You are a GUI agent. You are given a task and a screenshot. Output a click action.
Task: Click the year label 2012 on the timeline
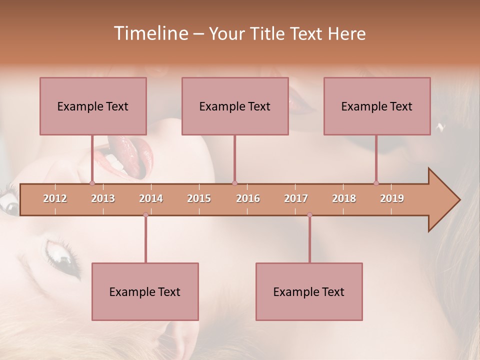[55, 198]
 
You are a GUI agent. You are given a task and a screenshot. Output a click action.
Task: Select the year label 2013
[103, 198]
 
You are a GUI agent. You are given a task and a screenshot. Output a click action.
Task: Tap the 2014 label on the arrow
[151, 198]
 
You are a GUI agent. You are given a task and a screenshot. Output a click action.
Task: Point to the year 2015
[199, 198]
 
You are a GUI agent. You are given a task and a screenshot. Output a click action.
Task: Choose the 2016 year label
[248, 198]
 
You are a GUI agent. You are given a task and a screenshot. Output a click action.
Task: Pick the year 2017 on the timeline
[296, 198]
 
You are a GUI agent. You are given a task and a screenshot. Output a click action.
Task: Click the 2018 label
[344, 198]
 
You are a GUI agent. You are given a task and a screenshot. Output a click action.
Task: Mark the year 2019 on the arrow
[392, 198]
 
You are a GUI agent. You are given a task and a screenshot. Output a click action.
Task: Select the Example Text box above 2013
[93, 106]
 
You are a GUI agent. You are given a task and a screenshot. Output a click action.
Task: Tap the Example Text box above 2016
[235, 106]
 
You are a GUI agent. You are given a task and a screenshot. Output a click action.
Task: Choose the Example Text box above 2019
[377, 106]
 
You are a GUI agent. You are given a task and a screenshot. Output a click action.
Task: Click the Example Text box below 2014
[145, 291]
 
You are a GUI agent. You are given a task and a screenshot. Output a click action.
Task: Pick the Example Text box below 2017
[309, 291]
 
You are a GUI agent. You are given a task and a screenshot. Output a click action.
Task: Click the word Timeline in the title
[150, 33]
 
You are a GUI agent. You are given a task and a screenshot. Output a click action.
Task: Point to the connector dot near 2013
[92, 183]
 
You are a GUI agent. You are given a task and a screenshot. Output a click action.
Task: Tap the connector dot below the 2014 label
[145, 215]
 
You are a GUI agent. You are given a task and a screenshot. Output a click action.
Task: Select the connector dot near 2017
[309, 215]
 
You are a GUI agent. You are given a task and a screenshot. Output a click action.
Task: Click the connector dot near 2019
[376, 183]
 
